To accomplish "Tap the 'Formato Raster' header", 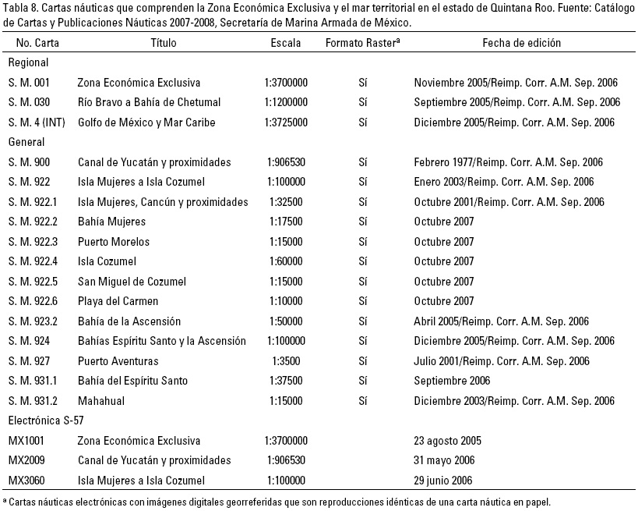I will (362, 43).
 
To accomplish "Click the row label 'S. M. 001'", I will (29, 83).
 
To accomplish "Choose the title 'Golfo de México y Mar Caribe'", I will (146, 122).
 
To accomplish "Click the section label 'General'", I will (26, 142).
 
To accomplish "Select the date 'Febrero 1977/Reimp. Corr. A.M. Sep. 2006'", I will (509, 162).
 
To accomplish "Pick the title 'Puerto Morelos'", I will (114, 242).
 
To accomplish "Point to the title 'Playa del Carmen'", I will (118, 301).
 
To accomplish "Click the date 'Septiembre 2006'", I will (452, 381).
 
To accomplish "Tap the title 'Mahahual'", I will (100, 401).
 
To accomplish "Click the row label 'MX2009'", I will (26, 460).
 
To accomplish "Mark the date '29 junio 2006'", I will (443, 481).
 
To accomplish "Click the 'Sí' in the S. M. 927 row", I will (362, 361).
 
